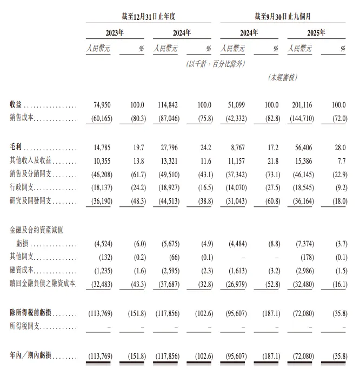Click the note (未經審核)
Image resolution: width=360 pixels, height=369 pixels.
pos(283,78)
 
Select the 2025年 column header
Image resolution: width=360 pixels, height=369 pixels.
pos(316,33)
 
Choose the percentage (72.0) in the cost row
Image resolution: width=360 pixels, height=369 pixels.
pos(338,117)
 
